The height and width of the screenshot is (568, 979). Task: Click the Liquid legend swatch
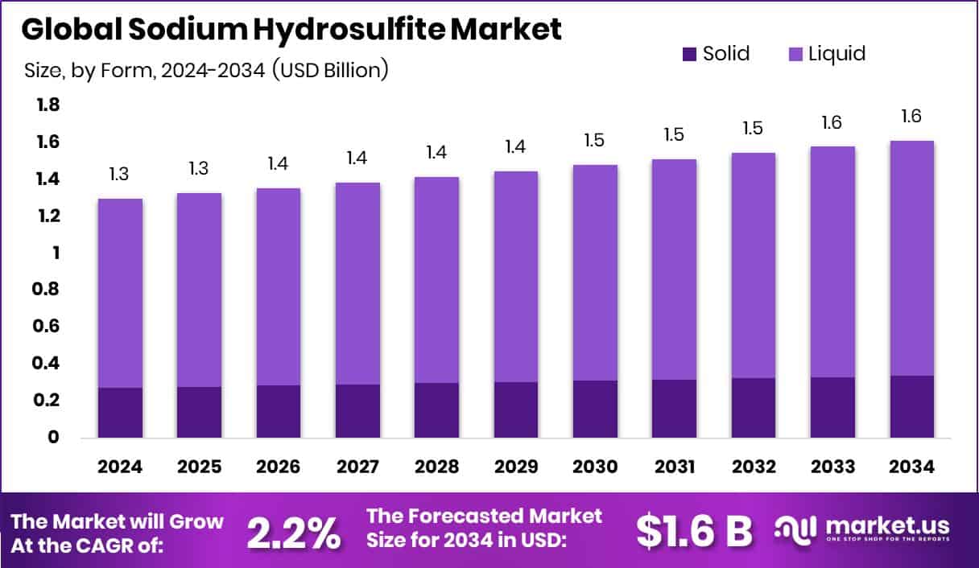click(795, 55)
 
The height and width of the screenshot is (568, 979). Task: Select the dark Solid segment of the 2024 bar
click(120, 413)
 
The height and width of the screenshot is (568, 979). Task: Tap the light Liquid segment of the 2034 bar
click(912, 257)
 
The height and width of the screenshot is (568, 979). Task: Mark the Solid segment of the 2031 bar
click(674, 409)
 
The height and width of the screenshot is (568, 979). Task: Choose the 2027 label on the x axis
click(357, 467)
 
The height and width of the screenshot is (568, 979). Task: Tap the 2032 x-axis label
click(754, 467)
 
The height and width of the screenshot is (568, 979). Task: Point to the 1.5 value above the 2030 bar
click(595, 139)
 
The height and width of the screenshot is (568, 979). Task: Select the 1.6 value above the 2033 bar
click(832, 121)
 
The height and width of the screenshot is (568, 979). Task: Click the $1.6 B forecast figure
click(694, 530)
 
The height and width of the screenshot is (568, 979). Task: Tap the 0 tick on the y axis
click(54, 438)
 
